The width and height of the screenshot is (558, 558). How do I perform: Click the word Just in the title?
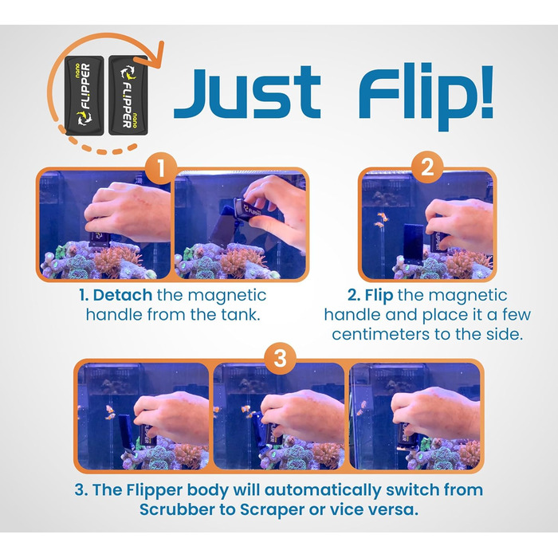click(247, 92)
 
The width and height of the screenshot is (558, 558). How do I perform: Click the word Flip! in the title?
click(426, 96)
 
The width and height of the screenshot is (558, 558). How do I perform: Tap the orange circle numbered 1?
click(161, 168)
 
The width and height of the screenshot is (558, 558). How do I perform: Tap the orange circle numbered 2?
click(427, 167)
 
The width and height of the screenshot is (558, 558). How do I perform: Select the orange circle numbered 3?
click(280, 359)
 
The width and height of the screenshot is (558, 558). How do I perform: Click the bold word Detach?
click(123, 296)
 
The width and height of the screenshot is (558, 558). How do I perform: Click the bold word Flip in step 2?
click(379, 296)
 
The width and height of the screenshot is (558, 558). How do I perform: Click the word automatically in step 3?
click(323, 491)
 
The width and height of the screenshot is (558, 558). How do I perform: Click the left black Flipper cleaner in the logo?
click(84, 96)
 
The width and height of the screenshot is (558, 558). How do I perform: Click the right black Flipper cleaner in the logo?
click(128, 96)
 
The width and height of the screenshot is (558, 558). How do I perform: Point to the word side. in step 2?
click(505, 334)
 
